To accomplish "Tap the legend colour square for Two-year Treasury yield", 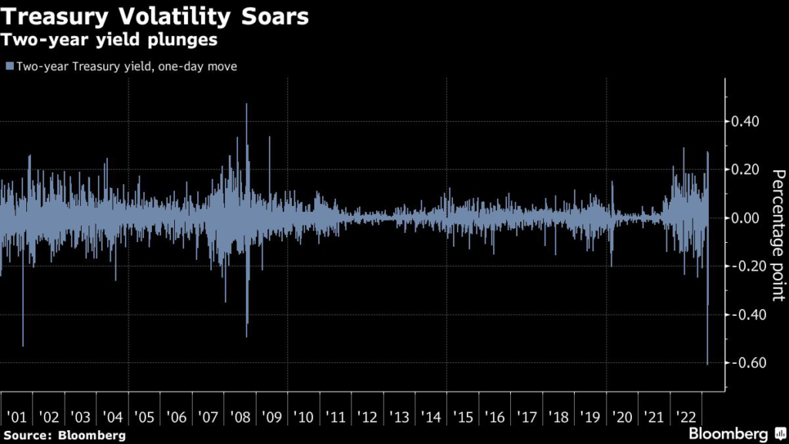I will [x=8, y=67].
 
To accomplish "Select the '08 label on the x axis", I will [x=240, y=417].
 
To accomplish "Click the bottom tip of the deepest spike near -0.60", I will [x=707, y=364].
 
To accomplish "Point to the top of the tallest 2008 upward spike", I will [x=247, y=104].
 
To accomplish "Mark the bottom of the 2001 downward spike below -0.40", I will [x=23, y=346].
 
